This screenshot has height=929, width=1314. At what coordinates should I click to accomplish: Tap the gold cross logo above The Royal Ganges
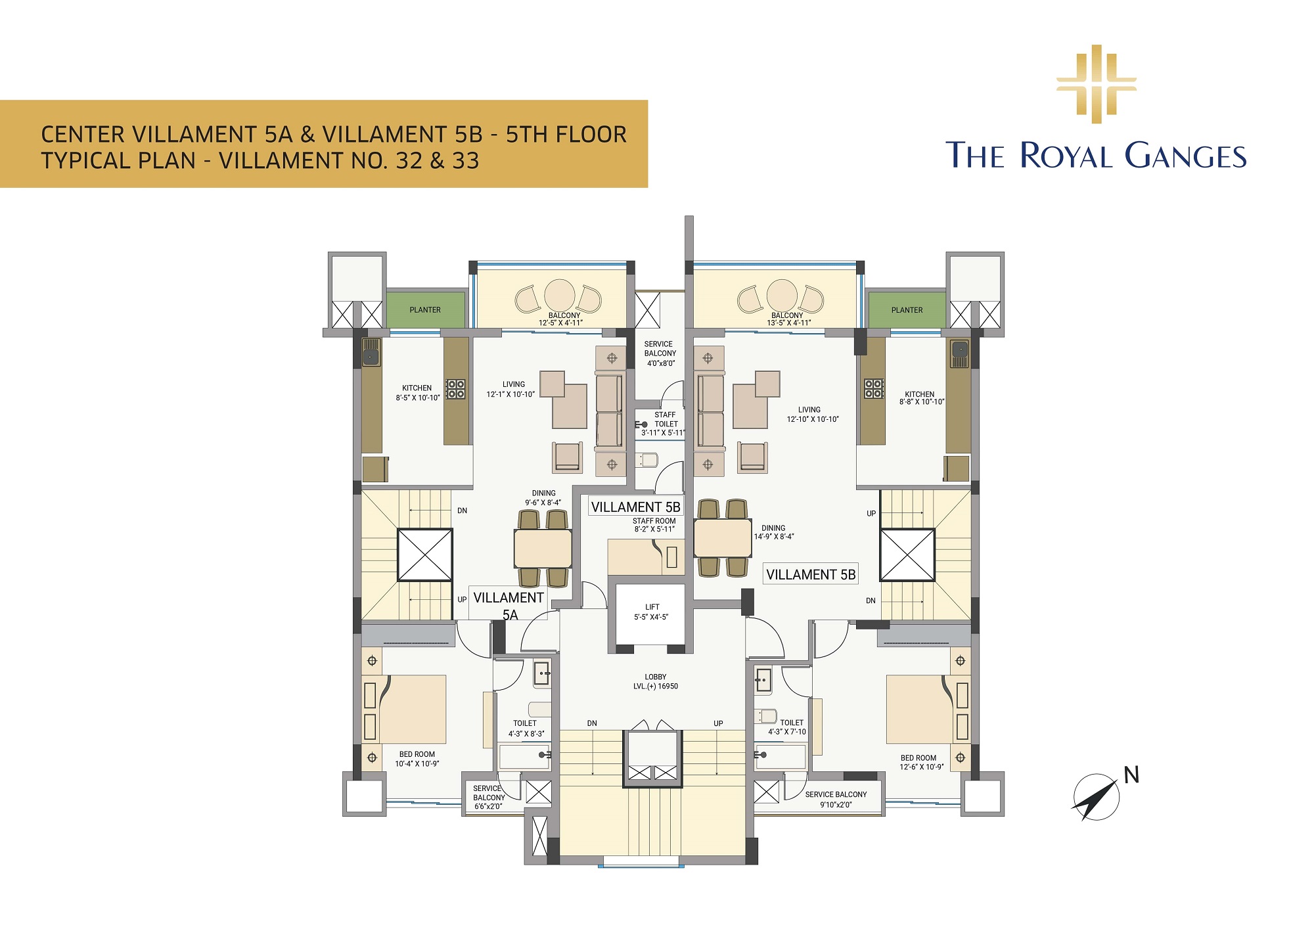pos(1096,84)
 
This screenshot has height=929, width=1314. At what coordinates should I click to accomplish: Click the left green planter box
pos(425,309)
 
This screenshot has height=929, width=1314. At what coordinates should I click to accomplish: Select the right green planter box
pos(907,309)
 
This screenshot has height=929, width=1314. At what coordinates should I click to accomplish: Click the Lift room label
pos(652,612)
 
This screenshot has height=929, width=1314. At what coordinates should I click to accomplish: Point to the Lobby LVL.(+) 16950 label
pos(655,681)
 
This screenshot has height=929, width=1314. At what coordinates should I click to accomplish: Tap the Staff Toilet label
pos(664,424)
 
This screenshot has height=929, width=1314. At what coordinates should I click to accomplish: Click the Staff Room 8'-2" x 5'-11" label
pos(654,525)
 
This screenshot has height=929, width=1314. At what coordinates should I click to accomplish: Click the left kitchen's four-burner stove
pos(455,389)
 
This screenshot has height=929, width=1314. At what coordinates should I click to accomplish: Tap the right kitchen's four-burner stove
pos(874,389)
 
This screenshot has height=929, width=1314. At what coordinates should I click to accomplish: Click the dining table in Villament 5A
pos(543,549)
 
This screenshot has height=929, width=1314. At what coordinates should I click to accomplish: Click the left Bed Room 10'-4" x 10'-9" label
pos(417,759)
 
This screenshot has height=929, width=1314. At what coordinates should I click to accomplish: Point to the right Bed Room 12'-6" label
pos(921,762)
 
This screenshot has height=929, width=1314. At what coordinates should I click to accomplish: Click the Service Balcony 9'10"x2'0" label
pos(836,799)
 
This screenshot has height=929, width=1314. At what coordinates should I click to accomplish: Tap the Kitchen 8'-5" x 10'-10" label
pos(418,393)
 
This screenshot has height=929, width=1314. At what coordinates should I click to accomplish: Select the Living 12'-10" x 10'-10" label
pos(813,414)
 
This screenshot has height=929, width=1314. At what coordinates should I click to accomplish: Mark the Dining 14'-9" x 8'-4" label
pos(774,532)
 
